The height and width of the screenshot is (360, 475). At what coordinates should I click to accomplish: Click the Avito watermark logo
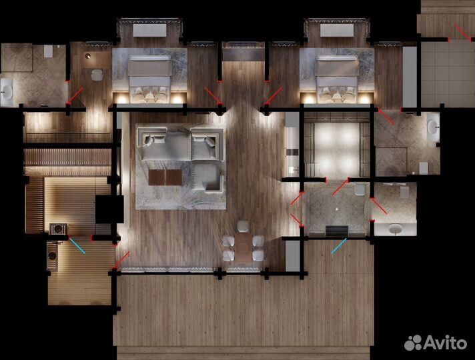click(x=436, y=343)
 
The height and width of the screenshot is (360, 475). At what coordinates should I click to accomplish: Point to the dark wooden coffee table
click(x=165, y=177)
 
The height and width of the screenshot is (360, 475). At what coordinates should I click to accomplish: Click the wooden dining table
click(x=244, y=248)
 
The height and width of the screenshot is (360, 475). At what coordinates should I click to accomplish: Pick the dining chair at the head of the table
click(x=243, y=227)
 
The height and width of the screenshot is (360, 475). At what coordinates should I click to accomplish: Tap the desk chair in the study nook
click(x=97, y=75)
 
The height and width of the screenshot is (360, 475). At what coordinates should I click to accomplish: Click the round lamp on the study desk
click(x=88, y=56)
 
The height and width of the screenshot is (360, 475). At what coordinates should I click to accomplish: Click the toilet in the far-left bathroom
click(x=49, y=51)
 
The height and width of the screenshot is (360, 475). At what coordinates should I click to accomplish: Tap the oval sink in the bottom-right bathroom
click(x=395, y=229)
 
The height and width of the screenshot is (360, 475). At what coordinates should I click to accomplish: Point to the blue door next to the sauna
click(x=77, y=245)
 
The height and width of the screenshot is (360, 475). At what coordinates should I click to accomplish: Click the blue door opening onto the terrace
click(x=339, y=245)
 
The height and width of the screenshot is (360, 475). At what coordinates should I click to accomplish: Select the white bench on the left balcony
click(x=149, y=31)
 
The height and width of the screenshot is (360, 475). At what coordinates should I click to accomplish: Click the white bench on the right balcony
click(x=337, y=31)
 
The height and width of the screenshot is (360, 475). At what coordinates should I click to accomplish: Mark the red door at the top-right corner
click(x=462, y=33)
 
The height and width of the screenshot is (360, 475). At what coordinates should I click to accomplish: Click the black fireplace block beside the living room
click(x=109, y=209)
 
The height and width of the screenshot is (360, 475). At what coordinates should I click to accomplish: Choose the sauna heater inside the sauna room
click(x=58, y=229)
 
